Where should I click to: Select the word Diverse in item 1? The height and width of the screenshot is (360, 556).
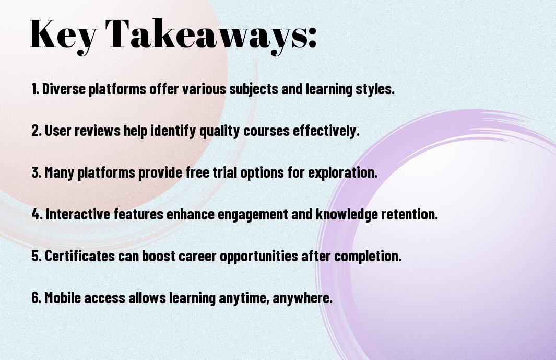coord(64,89)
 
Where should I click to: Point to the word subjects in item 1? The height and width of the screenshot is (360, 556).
coord(254,89)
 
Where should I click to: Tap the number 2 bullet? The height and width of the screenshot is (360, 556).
coord(37,130)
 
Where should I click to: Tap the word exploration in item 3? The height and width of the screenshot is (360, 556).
coord(342,173)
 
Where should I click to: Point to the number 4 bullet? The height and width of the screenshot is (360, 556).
coord(37,214)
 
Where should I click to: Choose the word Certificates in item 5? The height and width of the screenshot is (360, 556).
coord(80,256)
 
